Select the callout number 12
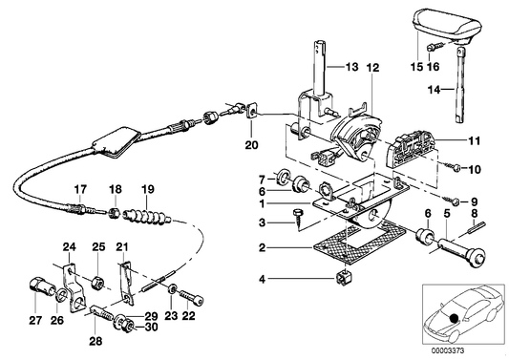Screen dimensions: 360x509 (x=371, y=69)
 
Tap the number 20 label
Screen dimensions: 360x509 (x=251, y=146)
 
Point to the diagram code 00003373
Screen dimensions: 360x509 (x=449, y=350)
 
